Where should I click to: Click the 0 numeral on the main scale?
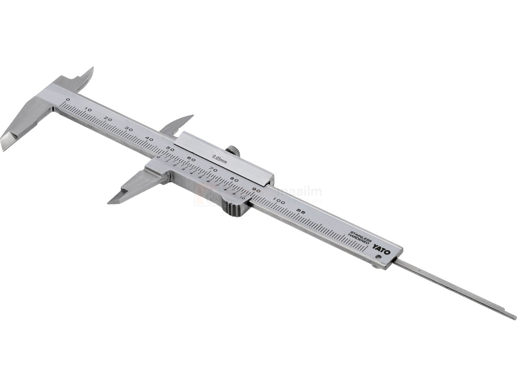[68, 99]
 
